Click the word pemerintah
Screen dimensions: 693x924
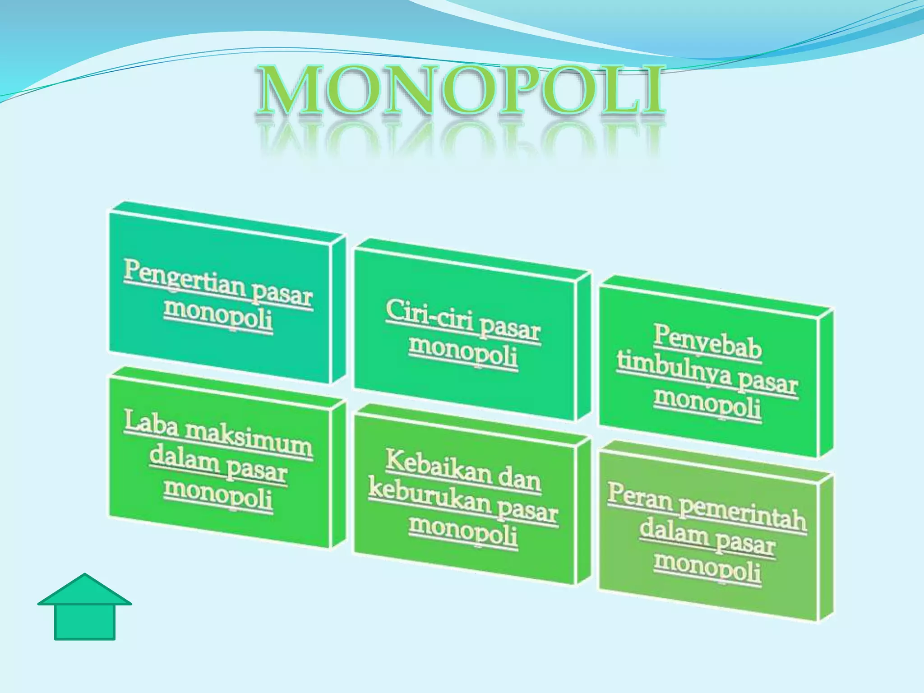743,517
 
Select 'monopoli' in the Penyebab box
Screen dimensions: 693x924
707,403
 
